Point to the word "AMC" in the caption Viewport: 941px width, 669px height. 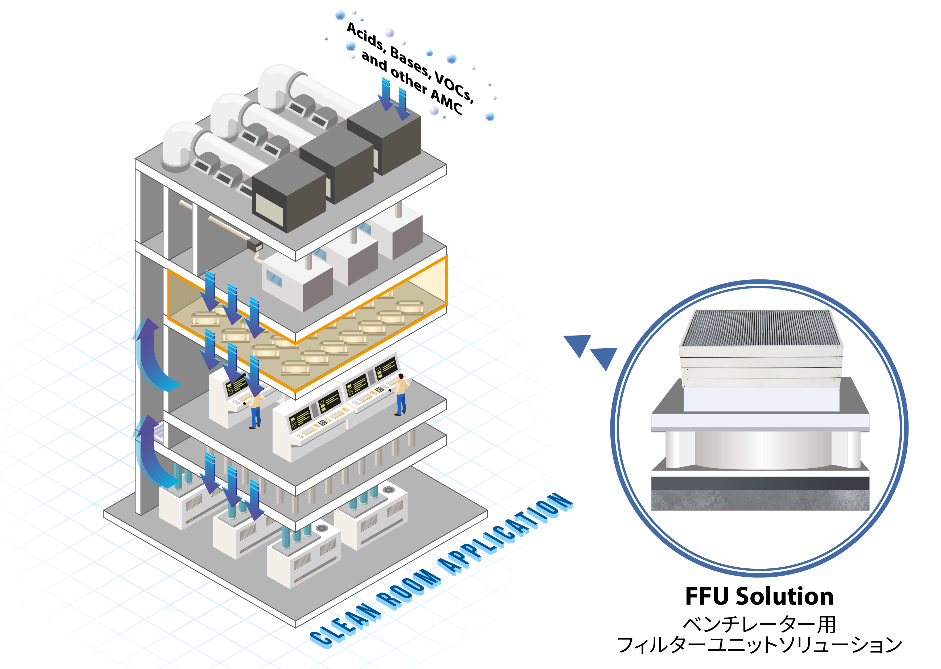click(x=447, y=102)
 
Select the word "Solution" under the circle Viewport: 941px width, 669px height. click(x=785, y=596)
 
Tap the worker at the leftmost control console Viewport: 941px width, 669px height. click(x=256, y=410)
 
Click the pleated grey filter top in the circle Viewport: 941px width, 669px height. click(x=761, y=328)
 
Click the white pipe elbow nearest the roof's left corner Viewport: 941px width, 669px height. click(x=177, y=146)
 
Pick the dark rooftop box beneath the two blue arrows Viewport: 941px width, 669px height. click(x=385, y=140)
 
